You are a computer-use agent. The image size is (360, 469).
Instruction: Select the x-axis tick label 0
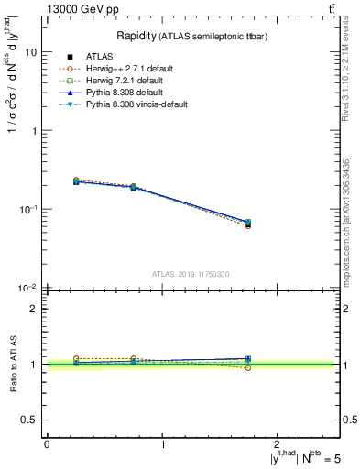[x=47, y=444]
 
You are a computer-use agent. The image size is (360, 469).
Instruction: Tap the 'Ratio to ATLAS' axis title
[x=11, y=364]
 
